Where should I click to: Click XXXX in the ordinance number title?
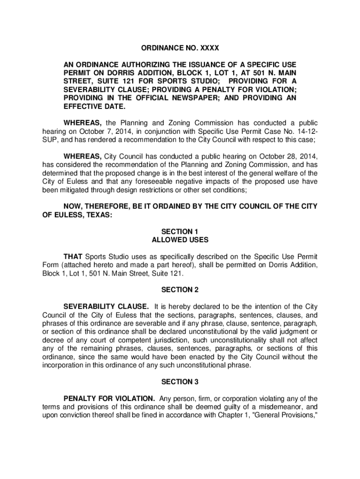209,48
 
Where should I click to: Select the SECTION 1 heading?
180,232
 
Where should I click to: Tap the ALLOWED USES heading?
180,240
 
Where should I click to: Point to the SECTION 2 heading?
180,290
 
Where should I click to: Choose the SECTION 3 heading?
180,382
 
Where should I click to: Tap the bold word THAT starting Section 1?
73,257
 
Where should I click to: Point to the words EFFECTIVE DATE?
88,107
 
